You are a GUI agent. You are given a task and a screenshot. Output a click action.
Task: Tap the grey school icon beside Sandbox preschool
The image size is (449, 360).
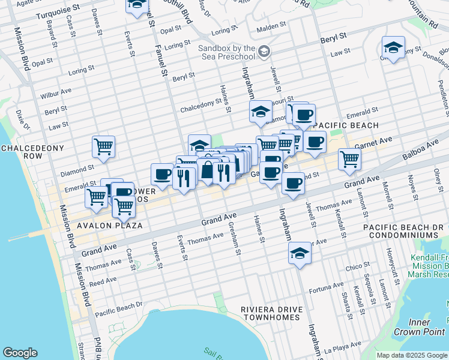(264, 52)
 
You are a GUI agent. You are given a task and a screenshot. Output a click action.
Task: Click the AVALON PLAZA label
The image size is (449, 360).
(109, 226)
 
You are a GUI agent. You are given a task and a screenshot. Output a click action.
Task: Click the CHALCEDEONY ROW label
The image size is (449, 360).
(22, 152)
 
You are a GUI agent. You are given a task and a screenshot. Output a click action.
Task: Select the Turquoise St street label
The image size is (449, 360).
(58, 11)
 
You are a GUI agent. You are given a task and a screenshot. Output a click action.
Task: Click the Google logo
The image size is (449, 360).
(20, 353)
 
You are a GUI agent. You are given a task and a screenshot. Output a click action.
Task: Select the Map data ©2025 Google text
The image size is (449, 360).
(411, 355)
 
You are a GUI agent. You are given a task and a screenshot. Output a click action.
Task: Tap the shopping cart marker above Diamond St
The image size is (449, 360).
(104, 147)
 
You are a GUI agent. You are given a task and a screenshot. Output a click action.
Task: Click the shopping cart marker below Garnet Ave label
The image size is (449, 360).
(349, 160)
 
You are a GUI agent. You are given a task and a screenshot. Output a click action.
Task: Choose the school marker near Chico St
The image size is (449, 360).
(300, 253)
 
